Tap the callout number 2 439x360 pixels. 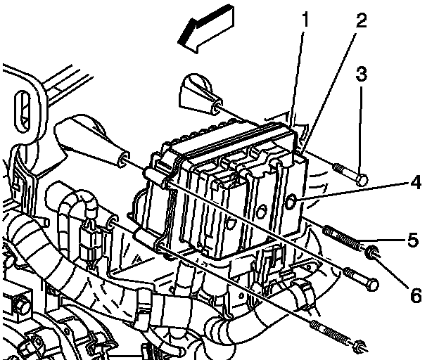pos(362,20)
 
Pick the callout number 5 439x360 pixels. pos(413,239)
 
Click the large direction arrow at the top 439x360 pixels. pos(206,28)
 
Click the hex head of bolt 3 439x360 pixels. pos(362,179)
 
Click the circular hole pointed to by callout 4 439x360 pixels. pos(291,202)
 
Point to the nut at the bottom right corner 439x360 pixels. pos(360,346)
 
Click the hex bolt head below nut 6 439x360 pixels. pos(372,285)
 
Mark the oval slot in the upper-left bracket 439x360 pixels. pos(23,111)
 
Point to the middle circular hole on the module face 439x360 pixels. pos(261,212)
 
